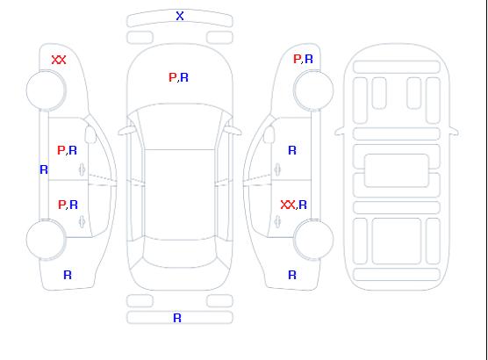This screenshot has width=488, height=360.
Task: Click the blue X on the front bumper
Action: coord(180,16)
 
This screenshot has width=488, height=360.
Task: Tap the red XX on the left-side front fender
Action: coord(59,60)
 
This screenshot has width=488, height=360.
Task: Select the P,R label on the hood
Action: coord(179,77)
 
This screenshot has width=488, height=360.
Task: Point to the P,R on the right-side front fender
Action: coord(303,59)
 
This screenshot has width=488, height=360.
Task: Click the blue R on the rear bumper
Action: coord(177,318)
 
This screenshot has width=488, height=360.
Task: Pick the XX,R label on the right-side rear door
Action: coord(293,205)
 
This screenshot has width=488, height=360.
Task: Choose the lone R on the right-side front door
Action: coord(292,150)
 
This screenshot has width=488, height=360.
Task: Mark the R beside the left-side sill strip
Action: coord(44,169)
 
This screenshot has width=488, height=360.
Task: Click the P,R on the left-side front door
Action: coord(68,150)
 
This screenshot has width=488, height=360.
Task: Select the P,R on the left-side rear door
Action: coord(68,205)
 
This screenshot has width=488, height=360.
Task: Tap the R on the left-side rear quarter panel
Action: coord(68,275)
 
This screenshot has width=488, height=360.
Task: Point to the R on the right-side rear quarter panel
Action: coord(292,275)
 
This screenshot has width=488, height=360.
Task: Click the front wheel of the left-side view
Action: coord(46,90)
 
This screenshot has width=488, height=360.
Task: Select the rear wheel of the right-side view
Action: coord(313,240)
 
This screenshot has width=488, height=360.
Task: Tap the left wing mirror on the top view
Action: coord(126,131)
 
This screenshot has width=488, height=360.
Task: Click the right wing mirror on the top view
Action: coord(233,131)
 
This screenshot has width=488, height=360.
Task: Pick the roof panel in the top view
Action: coord(180,195)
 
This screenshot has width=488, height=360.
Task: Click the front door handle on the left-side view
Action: coord(82,169)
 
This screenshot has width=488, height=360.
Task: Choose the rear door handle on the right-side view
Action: coord(277,222)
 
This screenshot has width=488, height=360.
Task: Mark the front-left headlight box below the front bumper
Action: coord(140,38)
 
